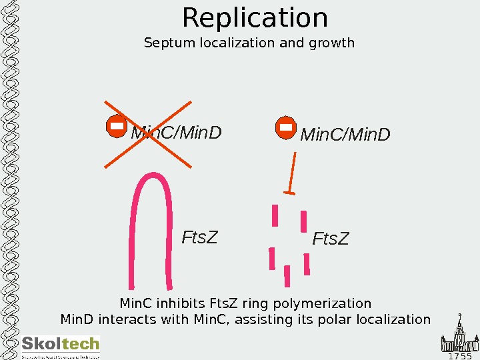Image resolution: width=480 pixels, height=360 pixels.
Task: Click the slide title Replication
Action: coord(255,18)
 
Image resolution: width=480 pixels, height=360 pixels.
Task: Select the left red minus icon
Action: coord(116,126)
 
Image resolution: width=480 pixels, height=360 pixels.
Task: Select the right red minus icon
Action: coord(285,127)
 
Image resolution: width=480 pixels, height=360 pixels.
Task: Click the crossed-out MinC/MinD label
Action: coord(176,133)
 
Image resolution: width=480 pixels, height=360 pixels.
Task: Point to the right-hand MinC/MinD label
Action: coord(345,135)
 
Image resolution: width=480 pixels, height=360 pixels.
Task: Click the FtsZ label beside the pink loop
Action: coord(199,237)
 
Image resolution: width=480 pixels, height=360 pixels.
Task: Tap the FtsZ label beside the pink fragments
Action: coord(331,238)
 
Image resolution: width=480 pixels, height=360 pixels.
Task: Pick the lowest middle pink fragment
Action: coord(287,275)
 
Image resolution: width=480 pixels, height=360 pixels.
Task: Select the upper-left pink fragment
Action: coord(275,215)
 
